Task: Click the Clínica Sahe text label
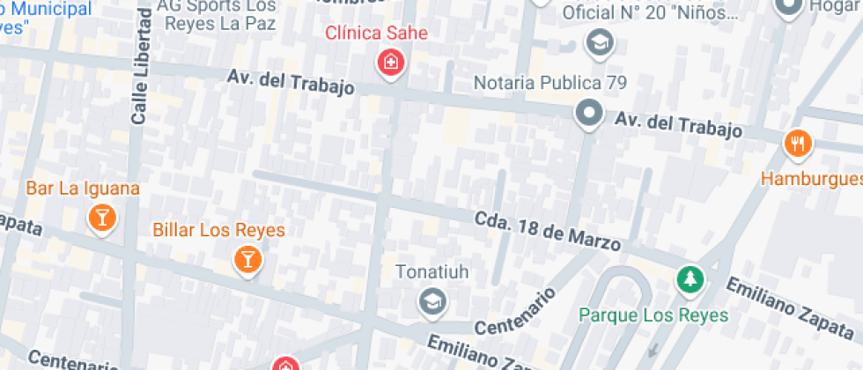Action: pyautogui.click(x=376, y=33)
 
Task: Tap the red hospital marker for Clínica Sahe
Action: pyautogui.click(x=389, y=63)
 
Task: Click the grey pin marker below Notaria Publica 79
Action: pyautogui.click(x=587, y=113)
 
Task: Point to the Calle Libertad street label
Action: pyautogui.click(x=139, y=70)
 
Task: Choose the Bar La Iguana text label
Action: pyautogui.click(x=83, y=188)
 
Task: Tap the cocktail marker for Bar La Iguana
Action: pyautogui.click(x=102, y=218)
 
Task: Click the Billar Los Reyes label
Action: pyautogui.click(x=218, y=230)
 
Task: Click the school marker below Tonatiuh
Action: pyautogui.click(x=431, y=302)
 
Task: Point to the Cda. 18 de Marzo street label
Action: pyautogui.click(x=548, y=231)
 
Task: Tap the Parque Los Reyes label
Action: pyautogui.click(x=653, y=314)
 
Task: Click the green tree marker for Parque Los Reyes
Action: pyautogui.click(x=690, y=280)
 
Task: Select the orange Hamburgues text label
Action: pyautogui.click(x=812, y=179)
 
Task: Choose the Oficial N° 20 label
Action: pyautogui.click(x=650, y=12)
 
